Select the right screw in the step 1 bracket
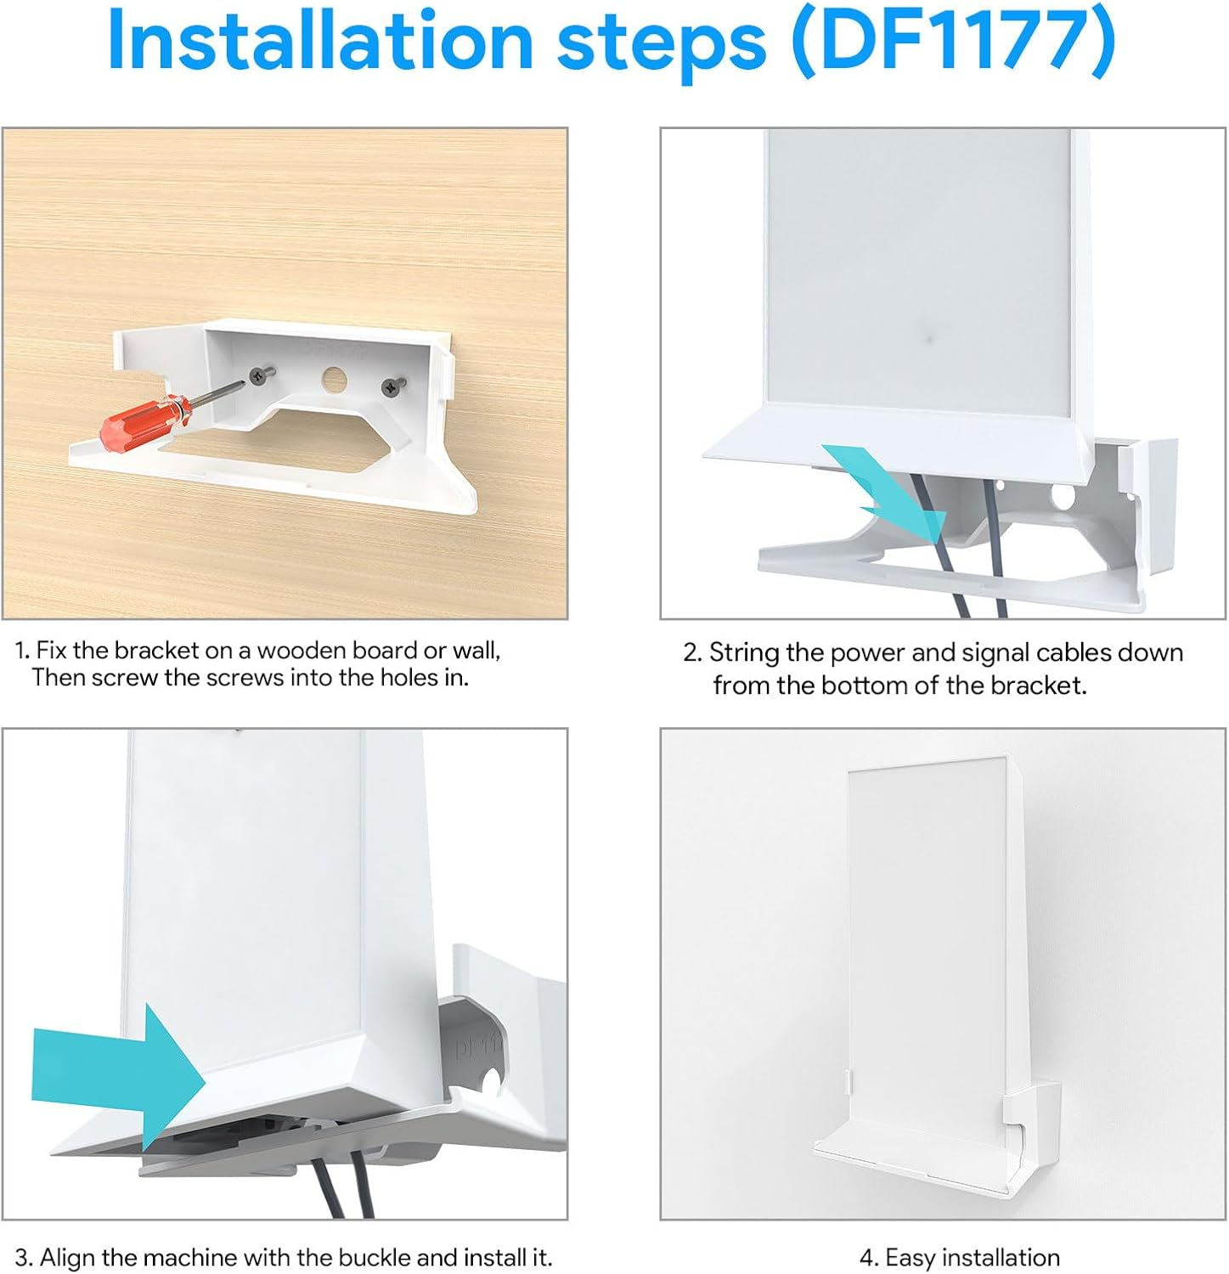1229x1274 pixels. (391, 386)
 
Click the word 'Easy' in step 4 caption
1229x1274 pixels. (911, 1257)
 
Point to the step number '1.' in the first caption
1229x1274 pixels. (22, 651)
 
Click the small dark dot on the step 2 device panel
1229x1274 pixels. (928, 340)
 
